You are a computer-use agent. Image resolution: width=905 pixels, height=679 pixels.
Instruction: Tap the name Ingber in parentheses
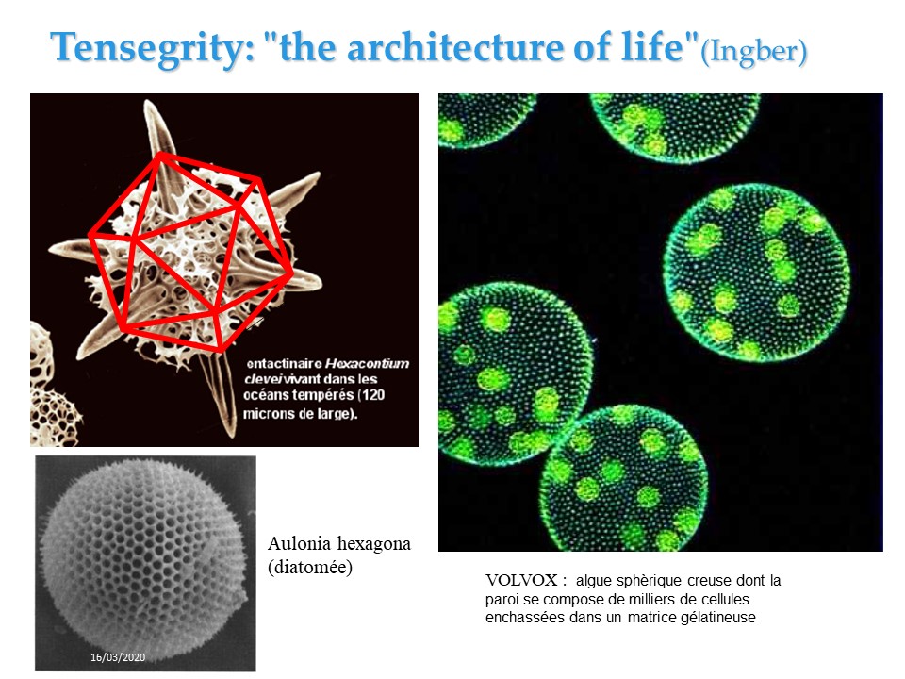coord(754,51)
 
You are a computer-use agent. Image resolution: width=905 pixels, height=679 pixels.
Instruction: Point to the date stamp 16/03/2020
coord(118,657)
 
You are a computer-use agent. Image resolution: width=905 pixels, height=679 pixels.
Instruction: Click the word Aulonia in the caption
coord(299,543)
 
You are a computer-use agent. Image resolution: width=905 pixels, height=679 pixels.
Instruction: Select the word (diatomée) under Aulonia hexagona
coord(310,567)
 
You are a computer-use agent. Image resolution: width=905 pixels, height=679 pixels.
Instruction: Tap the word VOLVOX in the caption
coord(521,580)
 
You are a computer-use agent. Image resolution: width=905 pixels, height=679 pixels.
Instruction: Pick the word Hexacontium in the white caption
coord(367,364)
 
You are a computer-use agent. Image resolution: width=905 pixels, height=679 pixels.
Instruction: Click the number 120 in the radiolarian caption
coord(373,395)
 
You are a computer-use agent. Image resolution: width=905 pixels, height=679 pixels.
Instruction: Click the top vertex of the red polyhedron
coord(161,154)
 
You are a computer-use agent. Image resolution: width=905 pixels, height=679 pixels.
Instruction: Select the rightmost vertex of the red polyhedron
coord(291,272)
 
